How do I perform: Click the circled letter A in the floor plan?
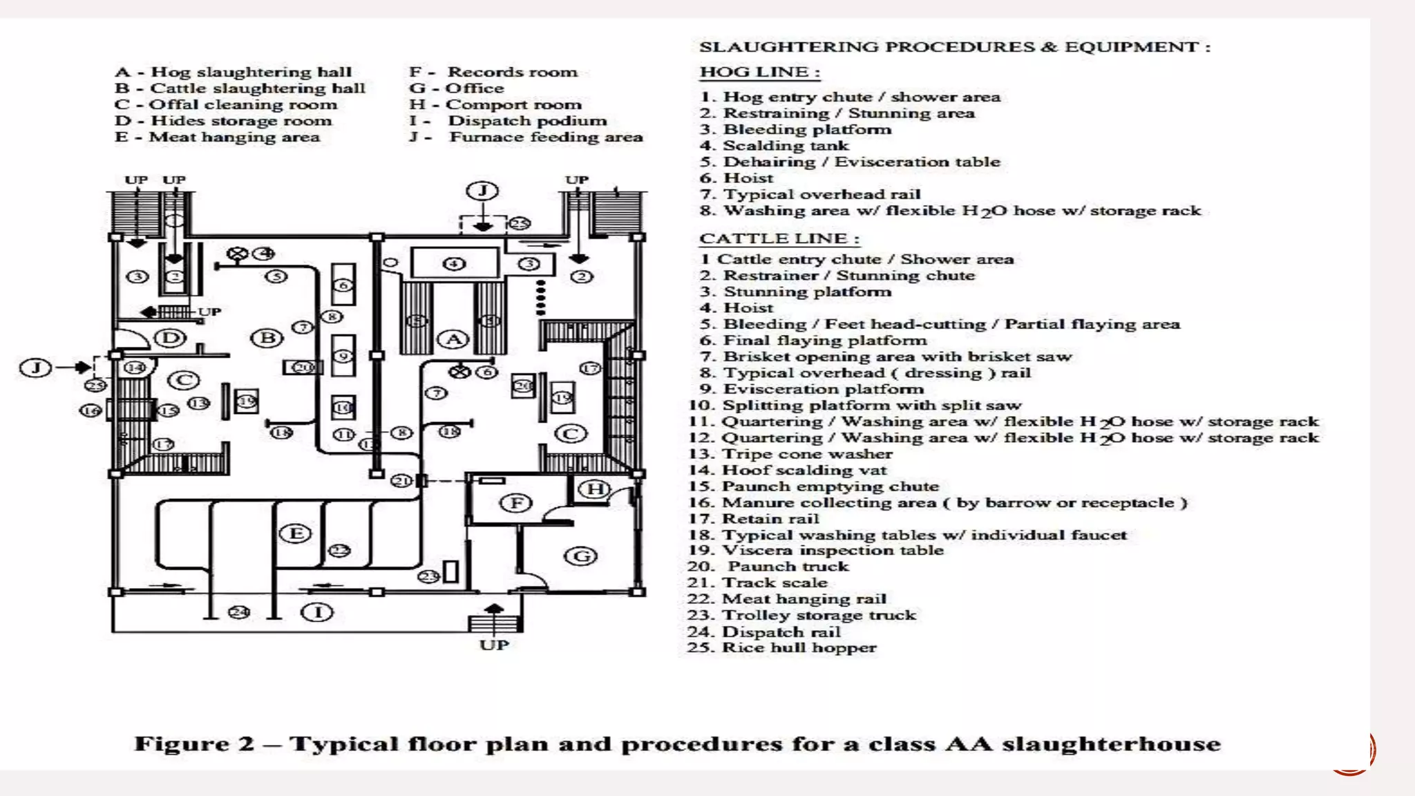click(453, 339)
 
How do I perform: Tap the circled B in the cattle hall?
click(267, 338)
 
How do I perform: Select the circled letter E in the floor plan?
click(296, 533)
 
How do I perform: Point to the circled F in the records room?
click(516, 503)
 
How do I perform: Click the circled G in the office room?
click(580, 556)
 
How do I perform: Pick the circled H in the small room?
click(593, 489)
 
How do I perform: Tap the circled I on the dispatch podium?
click(318, 612)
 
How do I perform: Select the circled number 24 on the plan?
click(239, 612)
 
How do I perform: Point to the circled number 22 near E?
click(339, 551)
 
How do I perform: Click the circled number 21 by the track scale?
click(401, 480)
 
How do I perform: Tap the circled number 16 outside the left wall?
click(91, 410)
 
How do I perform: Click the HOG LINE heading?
click(759, 72)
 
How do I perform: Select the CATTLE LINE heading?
click(779, 238)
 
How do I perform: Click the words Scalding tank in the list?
click(786, 146)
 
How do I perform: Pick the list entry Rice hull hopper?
click(798, 647)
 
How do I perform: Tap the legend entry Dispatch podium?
click(527, 121)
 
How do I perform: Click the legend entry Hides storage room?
click(241, 121)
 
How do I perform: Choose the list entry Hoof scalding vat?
click(804, 470)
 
